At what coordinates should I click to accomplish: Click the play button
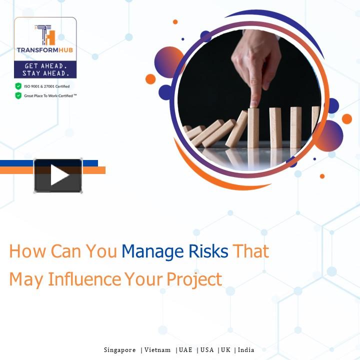point(58,175)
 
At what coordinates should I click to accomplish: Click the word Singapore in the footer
point(119,350)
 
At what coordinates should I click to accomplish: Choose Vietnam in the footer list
point(157,350)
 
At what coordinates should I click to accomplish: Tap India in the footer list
point(246,350)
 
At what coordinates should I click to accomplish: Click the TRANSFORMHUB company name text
point(45,50)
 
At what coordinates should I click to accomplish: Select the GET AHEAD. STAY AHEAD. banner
point(45,69)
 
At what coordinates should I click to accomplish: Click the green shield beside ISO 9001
point(18,86)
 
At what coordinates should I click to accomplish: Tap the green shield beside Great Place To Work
point(18,95)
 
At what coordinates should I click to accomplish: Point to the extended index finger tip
point(253,102)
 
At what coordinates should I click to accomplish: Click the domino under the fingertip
point(253,127)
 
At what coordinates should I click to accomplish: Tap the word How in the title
point(24,251)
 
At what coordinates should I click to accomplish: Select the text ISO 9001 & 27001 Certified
point(47,86)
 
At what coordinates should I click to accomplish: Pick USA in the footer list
point(207,350)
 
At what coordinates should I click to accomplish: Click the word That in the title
point(251,251)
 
